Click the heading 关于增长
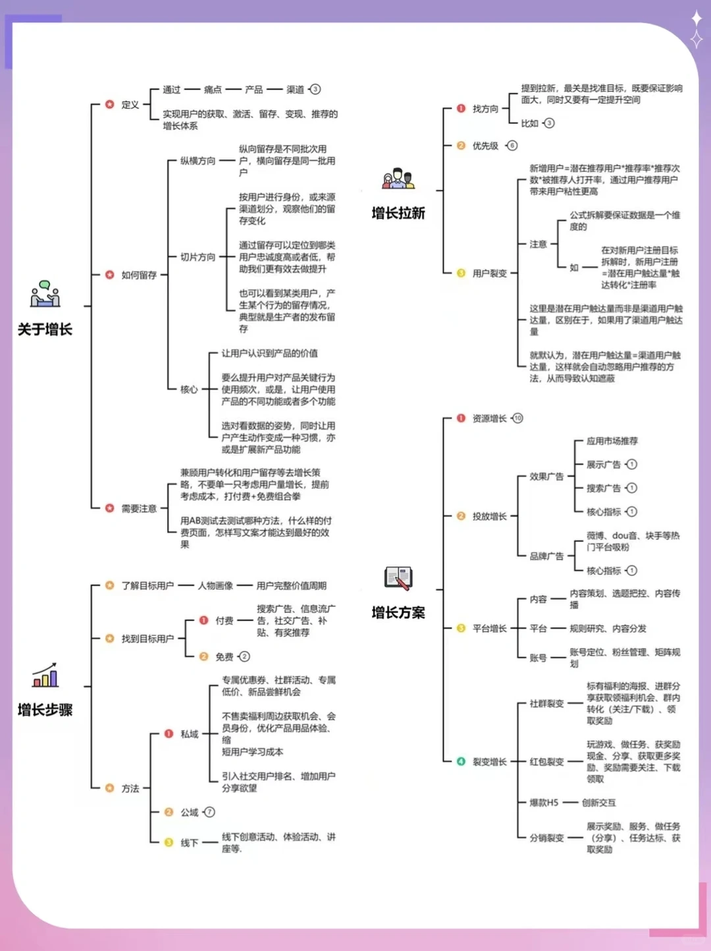coord(45,330)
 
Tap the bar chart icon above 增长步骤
coord(45,676)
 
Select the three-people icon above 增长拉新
coord(398,179)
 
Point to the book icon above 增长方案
coord(398,578)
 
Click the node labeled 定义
coord(130,105)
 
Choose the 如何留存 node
coord(138,275)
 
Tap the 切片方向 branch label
coord(197,257)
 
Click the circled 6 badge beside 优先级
coord(512,146)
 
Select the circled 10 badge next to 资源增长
coord(517,418)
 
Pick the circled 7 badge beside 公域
coord(209,812)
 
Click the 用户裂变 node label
coord(489,273)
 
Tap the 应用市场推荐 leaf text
coord(612,441)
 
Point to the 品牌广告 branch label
coord(546,556)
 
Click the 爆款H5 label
coord(544,803)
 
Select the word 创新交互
coord(598,803)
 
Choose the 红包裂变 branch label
coord(546,762)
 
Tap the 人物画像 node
coord(215,586)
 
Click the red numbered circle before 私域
coord(169,734)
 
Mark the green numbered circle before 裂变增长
coord(461,762)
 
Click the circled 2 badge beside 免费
coord(244,656)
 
